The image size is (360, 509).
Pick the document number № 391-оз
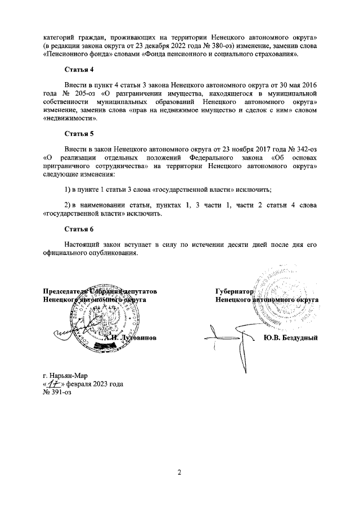point(57,392)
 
